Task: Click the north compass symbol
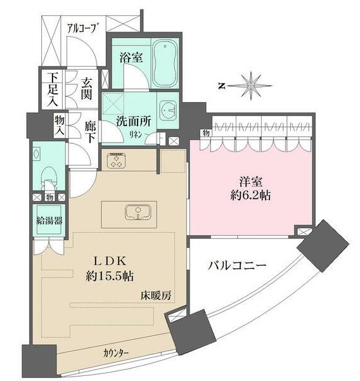coord(252,84)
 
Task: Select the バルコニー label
coord(237,266)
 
